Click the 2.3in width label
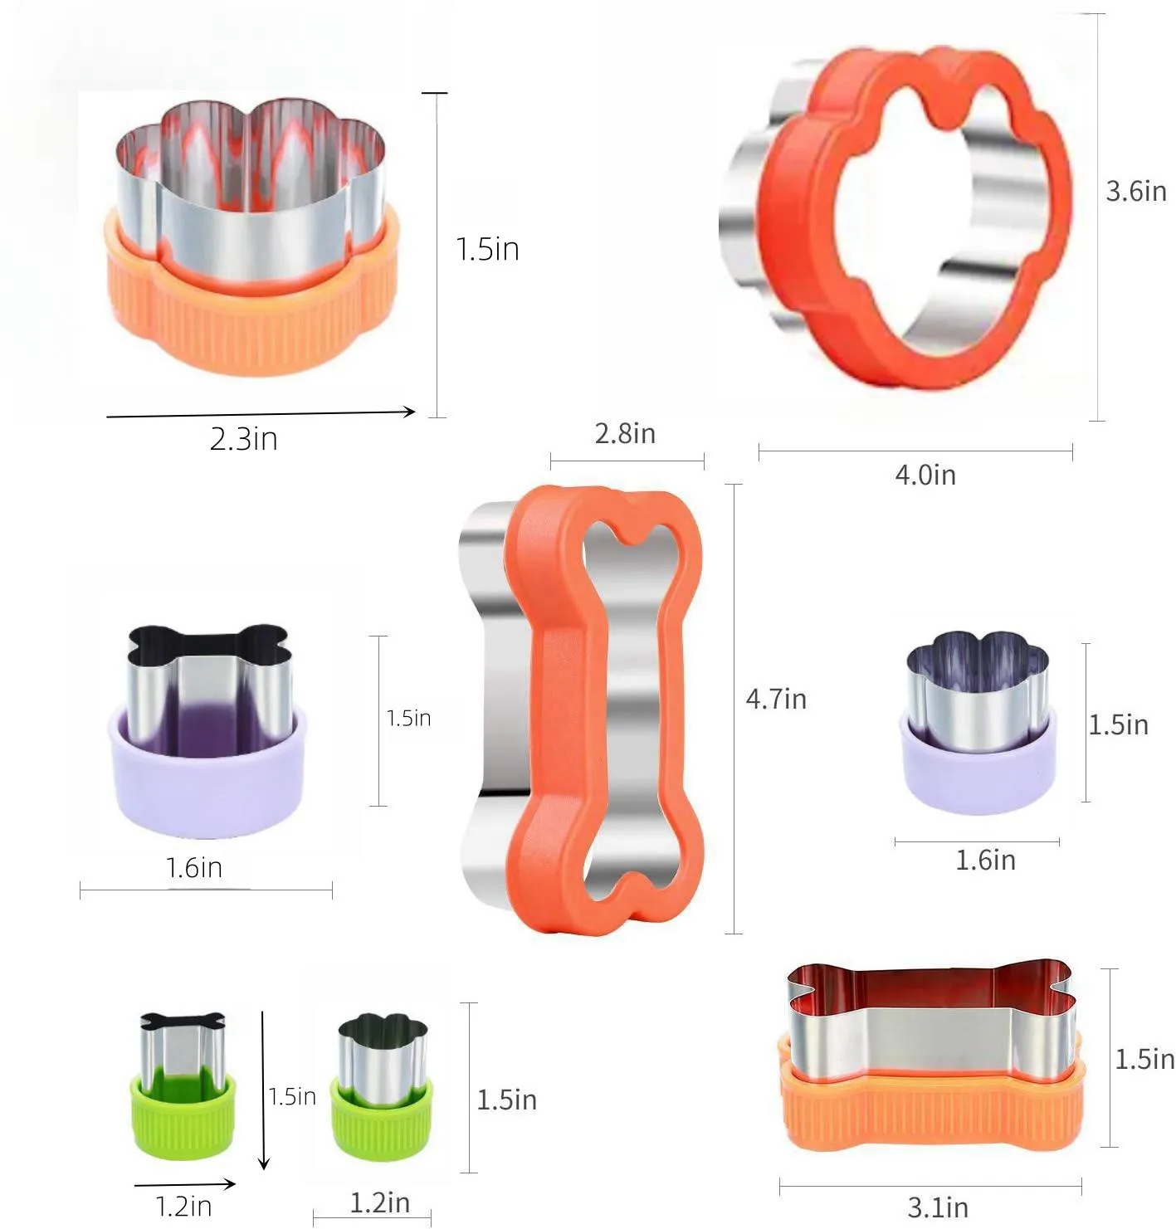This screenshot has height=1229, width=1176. (x=244, y=438)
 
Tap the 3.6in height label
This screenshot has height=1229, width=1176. (x=1135, y=192)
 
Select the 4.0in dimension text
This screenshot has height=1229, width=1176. (x=925, y=475)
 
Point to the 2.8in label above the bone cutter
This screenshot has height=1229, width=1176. (x=625, y=433)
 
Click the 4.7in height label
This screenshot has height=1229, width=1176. (x=776, y=699)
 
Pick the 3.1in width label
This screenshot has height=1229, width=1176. (x=938, y=1207)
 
